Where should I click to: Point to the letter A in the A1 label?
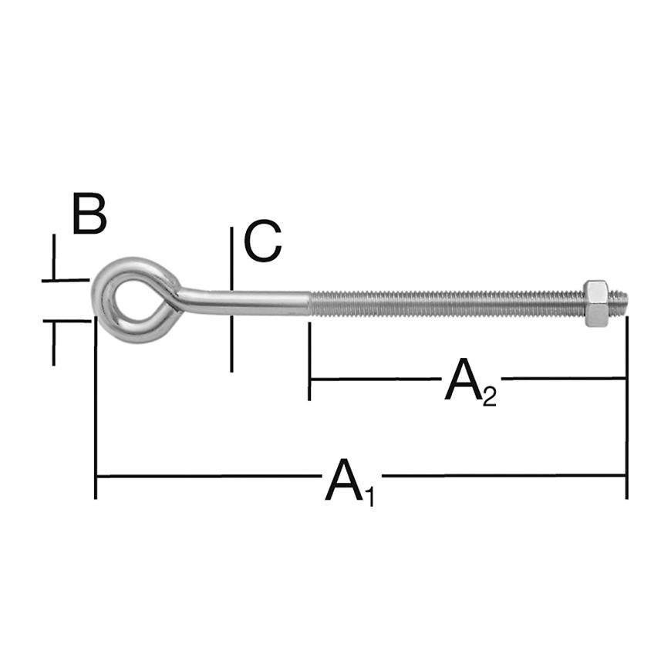click(x=344, y=479)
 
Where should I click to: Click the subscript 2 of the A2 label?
click(x=489, y=396)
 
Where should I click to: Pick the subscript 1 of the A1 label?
click(x=369, y=496)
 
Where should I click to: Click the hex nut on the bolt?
click(x=596, y=303)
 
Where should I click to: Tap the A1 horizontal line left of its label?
click(x=208, y=476)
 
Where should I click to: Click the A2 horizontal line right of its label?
click(x=563, y=378)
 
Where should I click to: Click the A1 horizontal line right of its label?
click(x=501, y=476)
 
